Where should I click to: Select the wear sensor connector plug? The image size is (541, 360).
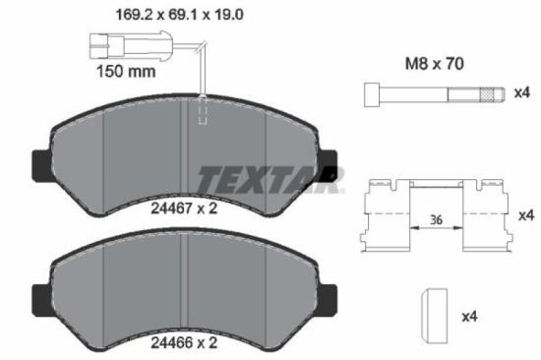103,44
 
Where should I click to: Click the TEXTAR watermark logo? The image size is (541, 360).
268,179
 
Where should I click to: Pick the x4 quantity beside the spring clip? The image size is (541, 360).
526,214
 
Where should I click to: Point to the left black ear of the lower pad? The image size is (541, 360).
42,296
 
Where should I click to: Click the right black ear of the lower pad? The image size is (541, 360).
330,296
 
